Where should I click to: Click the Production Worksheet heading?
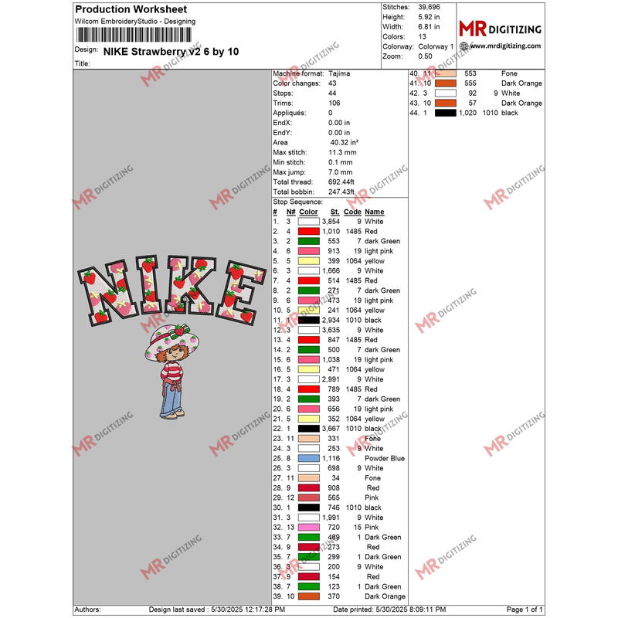coord(131,9)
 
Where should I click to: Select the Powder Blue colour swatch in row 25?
coord(309,458)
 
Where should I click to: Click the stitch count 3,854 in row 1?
coord(331,222)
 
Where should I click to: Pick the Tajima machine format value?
coord(338,73)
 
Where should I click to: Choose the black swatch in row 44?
coord(445,113)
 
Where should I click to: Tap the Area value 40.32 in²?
coord(344,143)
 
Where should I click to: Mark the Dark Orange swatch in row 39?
coord(309,596)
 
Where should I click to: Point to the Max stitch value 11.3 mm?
coord(341,152)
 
